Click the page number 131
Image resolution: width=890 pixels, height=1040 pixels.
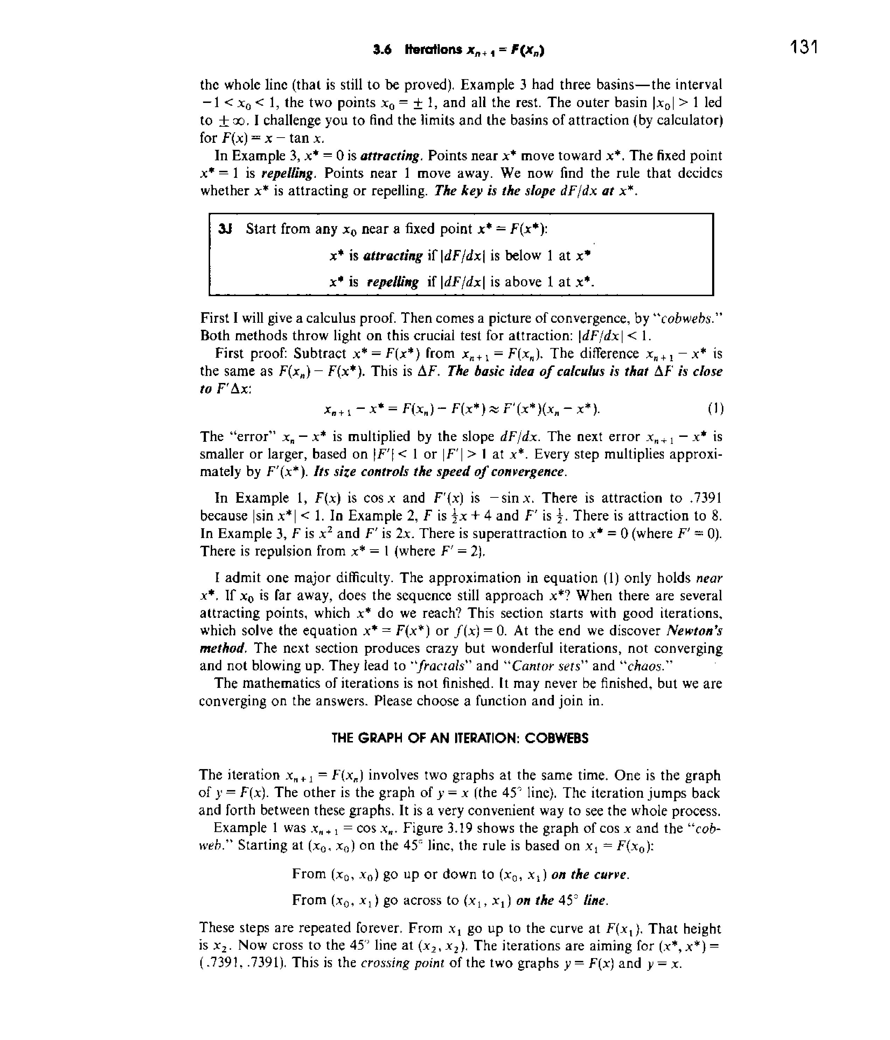pyautogui.click(x=804, y=48)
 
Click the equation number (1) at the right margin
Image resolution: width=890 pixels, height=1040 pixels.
pyautogui.click(x=715, y=409)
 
